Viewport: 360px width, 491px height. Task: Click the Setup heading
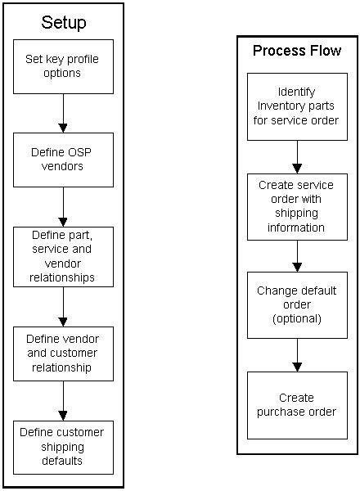tap(63, 22)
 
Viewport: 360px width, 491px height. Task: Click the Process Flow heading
tap(296, 51)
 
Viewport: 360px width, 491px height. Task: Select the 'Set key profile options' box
tap(63, 65)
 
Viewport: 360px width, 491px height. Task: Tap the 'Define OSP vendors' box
tap(63, 160)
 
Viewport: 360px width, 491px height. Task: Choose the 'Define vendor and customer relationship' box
tap(63, 354)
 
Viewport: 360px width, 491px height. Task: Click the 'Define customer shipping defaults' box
tap(63, 447)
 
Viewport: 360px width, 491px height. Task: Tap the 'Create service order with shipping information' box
tap(296, 206)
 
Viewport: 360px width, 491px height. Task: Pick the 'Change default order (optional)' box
tap(296, 304)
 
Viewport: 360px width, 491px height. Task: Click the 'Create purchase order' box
tap(296, 405)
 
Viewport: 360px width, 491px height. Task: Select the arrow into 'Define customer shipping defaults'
tap(63, 400)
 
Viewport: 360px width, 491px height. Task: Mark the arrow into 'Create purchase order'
tap(296, 354)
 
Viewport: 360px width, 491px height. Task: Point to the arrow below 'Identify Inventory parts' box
tap(296, 156)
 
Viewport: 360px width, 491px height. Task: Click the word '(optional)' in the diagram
tap(296, 318)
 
